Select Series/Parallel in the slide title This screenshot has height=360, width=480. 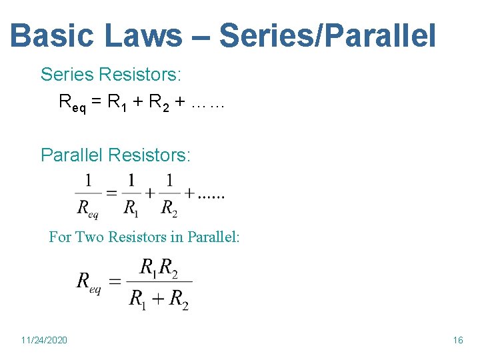[x=327, y=37]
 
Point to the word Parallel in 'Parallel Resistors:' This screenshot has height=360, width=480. [x=71, y=155]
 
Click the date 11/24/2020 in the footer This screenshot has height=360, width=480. [x=44, y=340]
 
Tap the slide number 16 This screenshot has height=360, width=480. [x=457, y=340]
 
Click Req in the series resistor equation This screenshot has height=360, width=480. [x=72, y=103]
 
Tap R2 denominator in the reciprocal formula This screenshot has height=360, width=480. [x=170, y=207]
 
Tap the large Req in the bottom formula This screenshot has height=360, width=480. [x=89, y=281]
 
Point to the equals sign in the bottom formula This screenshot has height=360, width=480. [x=115, y=281]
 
